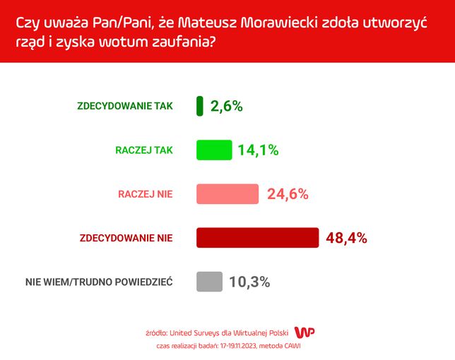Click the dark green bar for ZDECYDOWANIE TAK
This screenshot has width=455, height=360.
point(200,106)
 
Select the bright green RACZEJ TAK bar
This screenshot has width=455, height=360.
point(214,150)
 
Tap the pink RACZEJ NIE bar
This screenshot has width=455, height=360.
point(227,193)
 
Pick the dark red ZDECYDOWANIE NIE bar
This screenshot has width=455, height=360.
point(257,238)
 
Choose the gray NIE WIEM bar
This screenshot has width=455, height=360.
point(209,282)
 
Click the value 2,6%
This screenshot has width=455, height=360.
point(226,107)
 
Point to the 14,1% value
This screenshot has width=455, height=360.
point(259,150)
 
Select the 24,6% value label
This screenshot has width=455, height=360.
point(288,194)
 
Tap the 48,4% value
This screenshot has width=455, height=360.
point(346,238)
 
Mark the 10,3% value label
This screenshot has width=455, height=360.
point(249,282)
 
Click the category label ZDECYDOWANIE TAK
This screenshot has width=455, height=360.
point(124,106)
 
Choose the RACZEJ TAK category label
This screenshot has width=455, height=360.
point(144,150)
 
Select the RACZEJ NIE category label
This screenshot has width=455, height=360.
point(145,193)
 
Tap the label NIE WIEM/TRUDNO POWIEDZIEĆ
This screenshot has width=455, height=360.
point(99,282)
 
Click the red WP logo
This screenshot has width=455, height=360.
point(304,332)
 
